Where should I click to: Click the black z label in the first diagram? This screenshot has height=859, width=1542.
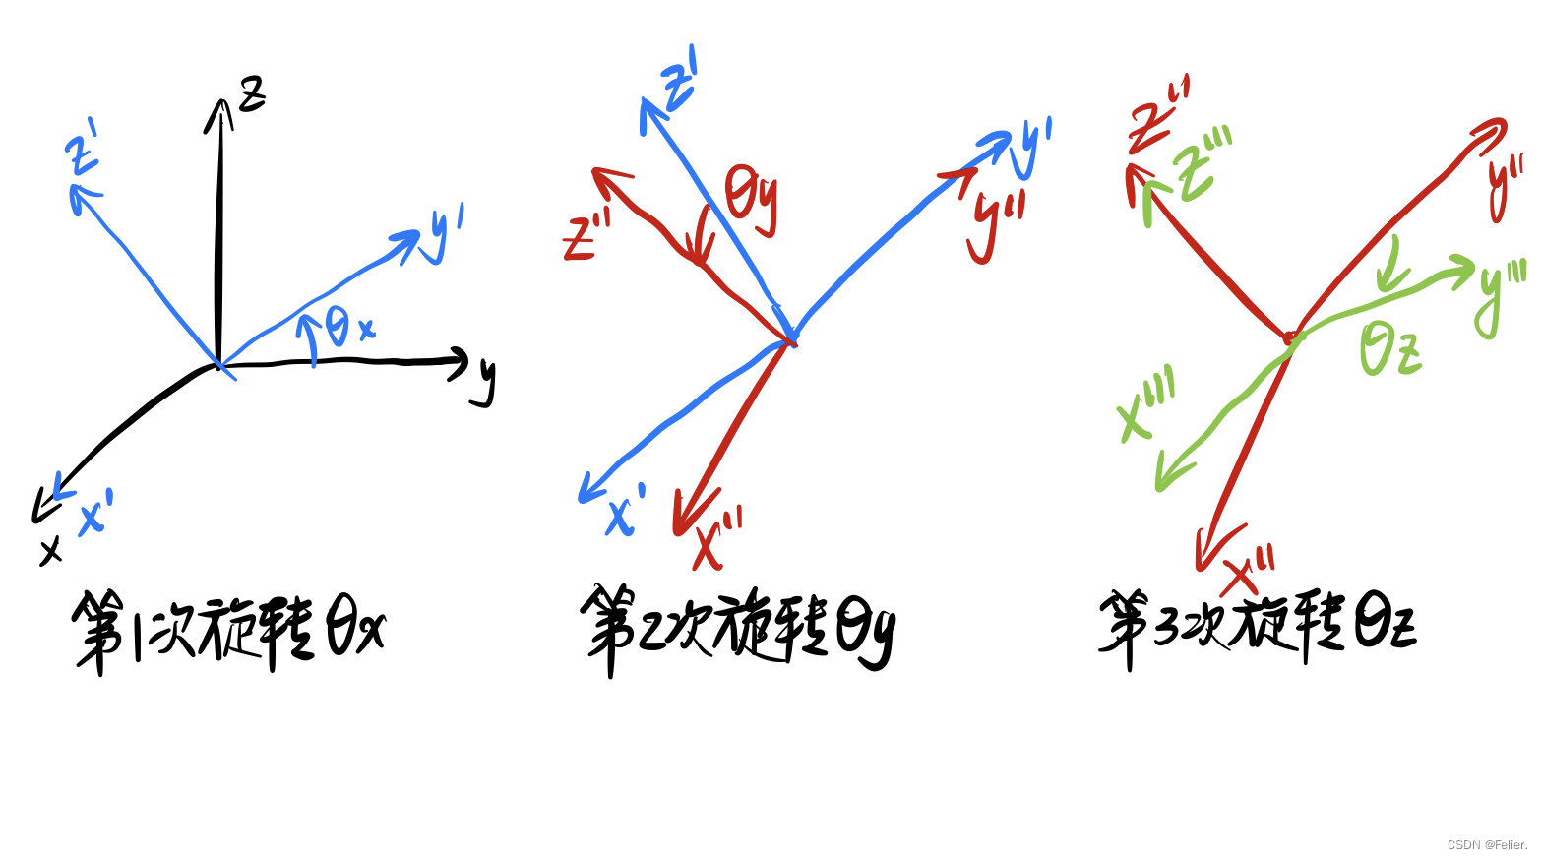pyautogui.click(x=253, y=93)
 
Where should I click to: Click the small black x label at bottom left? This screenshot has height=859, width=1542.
pyautogui.click(x=50, y=551)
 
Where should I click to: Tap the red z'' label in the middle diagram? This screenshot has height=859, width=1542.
pyautogui.click(x=586, y=237)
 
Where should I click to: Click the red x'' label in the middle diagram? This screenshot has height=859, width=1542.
pyautogui.click(x=717, y=541)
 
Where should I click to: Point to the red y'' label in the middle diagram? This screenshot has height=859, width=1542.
pyautogui.click(x=996, y=223)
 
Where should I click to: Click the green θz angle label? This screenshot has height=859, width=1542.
pyautogui.click(x=1389, y=349)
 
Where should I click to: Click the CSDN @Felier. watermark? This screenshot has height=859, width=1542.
pyautogui.click(x=1487, y=845)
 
